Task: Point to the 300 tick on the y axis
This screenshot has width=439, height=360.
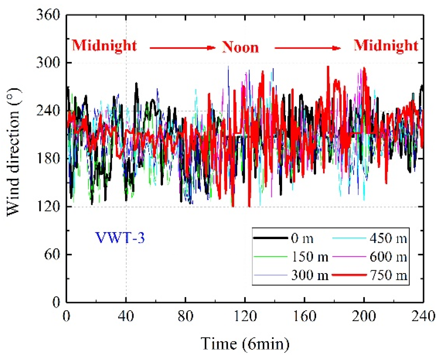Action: [48, 63]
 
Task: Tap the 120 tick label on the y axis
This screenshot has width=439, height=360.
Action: [48, 207]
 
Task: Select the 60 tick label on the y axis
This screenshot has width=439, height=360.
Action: [52, 254]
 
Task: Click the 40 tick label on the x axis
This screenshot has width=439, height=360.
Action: [126, 316]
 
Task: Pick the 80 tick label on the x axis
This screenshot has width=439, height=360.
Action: [185, 316]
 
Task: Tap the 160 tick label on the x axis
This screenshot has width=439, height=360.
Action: [304, 316]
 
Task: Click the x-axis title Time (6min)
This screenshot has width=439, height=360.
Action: [245, 344]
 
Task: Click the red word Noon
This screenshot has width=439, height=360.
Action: [240, 47]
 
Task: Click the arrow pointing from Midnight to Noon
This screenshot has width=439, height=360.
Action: [183, 48]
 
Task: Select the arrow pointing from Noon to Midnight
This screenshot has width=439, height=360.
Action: [308, 48]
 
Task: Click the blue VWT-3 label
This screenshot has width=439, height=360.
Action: [120, 238]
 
